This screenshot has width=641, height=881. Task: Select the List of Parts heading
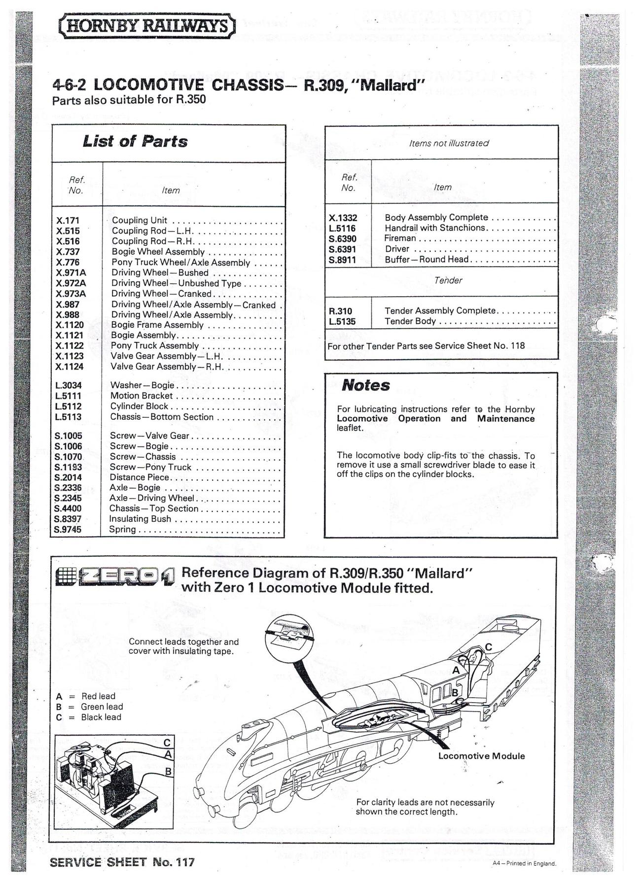[135, 142]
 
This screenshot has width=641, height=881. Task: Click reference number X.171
[68, 221]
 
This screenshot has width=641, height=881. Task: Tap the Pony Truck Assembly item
[154, 346]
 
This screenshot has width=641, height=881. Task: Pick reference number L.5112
[68, 407]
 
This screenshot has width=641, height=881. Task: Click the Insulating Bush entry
[140, 519]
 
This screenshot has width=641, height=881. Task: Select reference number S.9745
[68, 530]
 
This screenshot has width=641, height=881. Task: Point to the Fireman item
[400, 238]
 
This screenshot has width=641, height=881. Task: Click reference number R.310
[340, 311]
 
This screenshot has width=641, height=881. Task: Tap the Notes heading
[365, 385]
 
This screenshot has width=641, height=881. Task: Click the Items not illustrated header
[448, 143]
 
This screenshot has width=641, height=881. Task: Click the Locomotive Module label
[481, 756]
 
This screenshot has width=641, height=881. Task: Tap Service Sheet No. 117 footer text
[122, 862]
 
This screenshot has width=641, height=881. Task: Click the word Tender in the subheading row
[448, 280]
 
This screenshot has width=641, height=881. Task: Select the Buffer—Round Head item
[427, 260]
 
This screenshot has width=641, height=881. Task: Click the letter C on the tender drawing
[488, 646]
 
